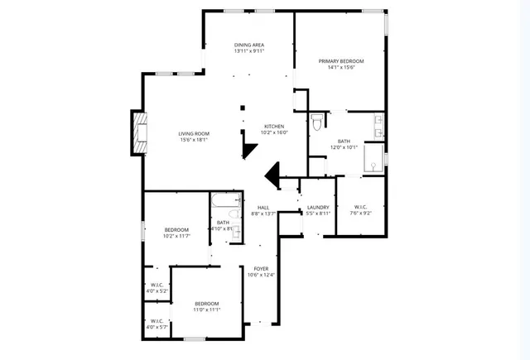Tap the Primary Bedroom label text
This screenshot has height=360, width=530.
341,61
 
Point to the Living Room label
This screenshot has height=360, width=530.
195,133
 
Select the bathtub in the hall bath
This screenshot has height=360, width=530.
225,201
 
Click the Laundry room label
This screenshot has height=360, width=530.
318,207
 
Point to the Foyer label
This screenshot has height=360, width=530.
262,268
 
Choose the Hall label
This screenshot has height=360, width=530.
263,207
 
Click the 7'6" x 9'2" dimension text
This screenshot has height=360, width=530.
361,213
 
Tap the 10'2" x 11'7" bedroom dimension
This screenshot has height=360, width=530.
176,236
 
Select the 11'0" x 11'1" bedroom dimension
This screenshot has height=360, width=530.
206,310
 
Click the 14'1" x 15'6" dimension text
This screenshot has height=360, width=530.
341,68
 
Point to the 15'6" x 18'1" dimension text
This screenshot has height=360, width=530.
195,140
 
